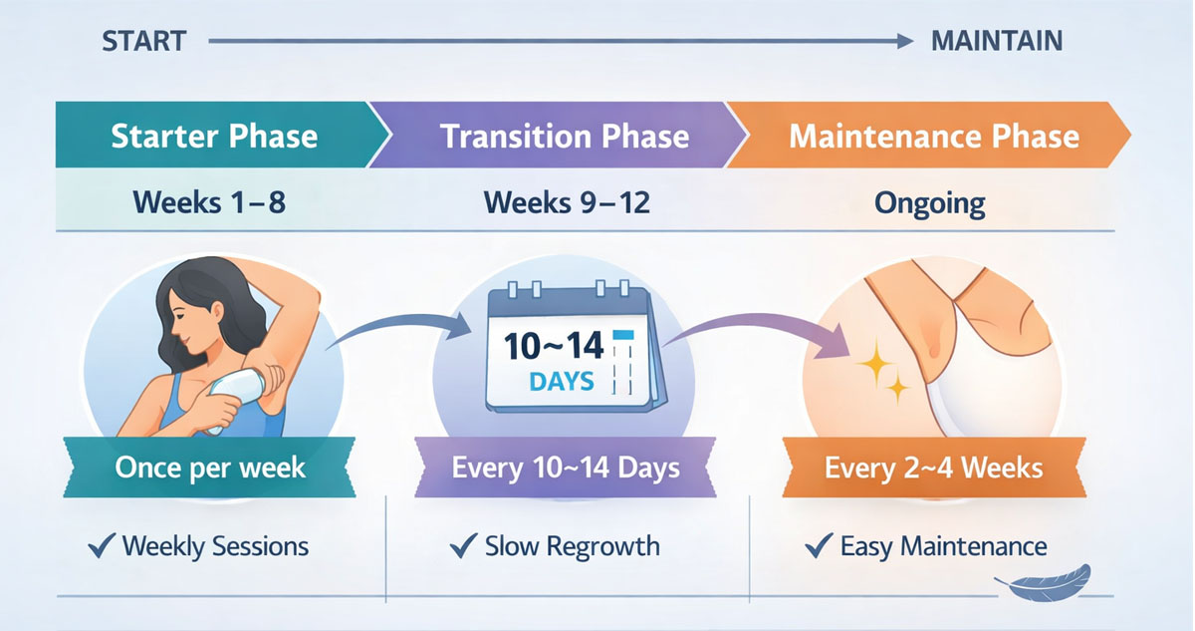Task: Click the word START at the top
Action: click(x=143, y=41)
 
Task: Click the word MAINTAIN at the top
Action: click(x=996, y=41)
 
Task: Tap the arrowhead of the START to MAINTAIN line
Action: click(x=904, y=41)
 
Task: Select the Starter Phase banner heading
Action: click(x=214, y=136)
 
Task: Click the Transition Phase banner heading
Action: click(x=565, y=136)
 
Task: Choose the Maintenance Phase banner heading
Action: click(x=933, y=136)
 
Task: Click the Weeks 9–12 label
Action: click(x=566, y=202)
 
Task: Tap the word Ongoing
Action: click(x=929, y=203)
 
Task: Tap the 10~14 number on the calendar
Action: click(x=554, y=346)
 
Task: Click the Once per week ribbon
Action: click(x=210, y=467)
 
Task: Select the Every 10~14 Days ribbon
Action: click(x=566, y=467)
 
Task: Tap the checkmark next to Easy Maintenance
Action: click(x=818, y=545)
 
